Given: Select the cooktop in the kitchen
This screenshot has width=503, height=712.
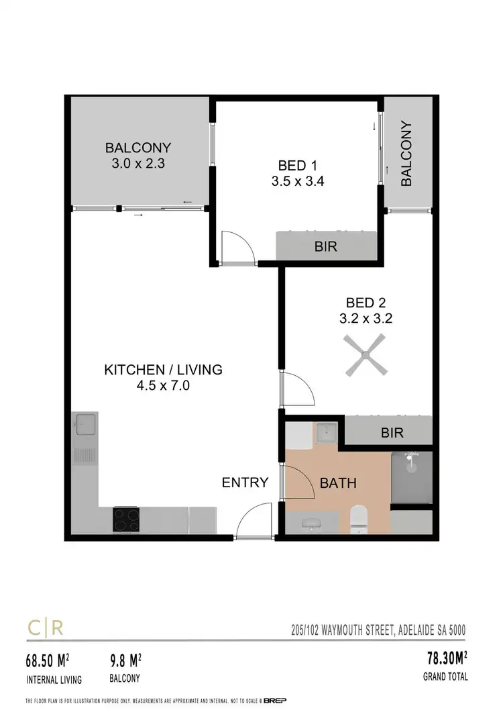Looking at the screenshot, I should (x=126, y=519).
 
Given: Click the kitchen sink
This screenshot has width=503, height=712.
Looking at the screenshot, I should (x=85, y=425).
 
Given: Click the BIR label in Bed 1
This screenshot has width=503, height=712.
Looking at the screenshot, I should (x=325, y=247).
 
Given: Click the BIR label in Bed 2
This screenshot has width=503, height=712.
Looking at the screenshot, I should (x=392, y=433).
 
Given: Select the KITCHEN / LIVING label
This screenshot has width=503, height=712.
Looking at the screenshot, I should (x=163, y=369).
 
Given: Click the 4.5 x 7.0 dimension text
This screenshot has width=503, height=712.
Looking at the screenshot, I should (x=163, y=386).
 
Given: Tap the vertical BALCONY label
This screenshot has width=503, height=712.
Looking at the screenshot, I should (x=406, y=153).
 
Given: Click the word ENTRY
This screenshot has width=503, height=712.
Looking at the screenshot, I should (x=245, y=482).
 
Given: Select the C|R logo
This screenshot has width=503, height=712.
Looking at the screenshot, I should (x=45, y=628).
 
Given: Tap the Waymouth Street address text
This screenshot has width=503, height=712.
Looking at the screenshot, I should (x=374, y=630).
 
